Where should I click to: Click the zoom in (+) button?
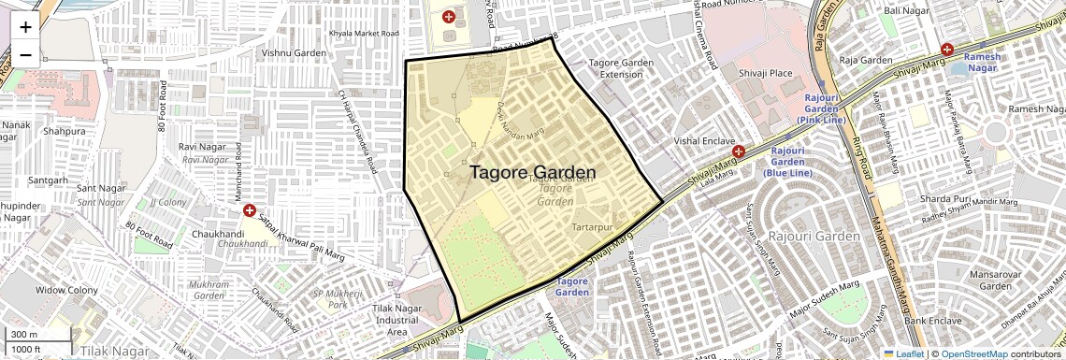point(25,27)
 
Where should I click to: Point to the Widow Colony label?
point(66,291)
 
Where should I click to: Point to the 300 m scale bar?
point(38,335)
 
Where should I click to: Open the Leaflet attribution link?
point(904,353)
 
